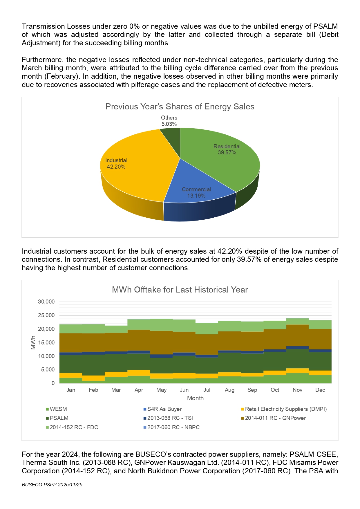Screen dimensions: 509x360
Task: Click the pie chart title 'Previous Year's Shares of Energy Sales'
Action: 180,107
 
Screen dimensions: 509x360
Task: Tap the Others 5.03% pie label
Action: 169,121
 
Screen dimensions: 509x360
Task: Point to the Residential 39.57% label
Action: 227,149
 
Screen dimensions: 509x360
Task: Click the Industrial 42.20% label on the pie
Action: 116,163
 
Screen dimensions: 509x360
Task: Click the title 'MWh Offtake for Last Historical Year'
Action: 180,290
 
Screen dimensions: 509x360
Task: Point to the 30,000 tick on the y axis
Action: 46,302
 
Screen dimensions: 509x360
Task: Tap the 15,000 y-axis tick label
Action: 46,342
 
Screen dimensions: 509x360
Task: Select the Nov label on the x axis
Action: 297,390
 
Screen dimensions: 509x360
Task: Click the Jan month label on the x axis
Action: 71,390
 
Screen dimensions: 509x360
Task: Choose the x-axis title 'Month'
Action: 195,398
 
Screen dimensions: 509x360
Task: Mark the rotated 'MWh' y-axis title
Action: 33,342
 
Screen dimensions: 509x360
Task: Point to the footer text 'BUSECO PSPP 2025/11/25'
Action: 52,485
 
